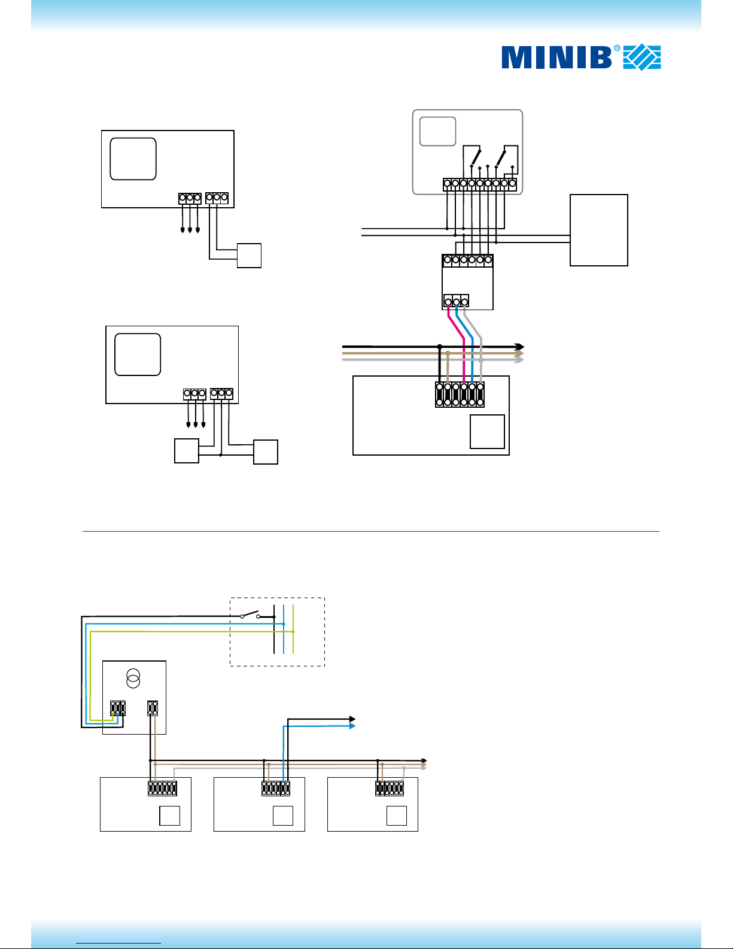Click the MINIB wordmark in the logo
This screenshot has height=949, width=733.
tap(556, 57)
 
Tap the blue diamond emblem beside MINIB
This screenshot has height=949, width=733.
tap(642, 57)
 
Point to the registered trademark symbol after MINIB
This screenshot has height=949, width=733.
tap(617, 48)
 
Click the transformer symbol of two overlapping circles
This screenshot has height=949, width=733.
tap(133, 678)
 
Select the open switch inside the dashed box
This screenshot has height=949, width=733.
tap(251, 615)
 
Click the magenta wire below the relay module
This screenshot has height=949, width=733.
tap(457, 345)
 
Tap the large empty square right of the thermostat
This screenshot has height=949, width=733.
tap(598, 230)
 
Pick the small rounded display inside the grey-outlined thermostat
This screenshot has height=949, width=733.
tap(437, 131)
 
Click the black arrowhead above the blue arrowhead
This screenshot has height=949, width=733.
tap(352, 719)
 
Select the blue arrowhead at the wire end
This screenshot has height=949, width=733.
tap(352, 726)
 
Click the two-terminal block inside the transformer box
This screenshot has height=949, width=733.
tap(152, 708)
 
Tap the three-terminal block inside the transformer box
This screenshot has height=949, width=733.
tap(118, 708)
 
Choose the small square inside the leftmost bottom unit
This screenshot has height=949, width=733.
tap(170, 815)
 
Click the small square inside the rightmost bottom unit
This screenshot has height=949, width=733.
tap(397, 815)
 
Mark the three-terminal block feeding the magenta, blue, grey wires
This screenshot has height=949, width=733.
tap(457, 301)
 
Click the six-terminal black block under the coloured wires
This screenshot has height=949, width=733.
tap(460, 395)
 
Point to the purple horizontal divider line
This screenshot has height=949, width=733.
tap(371, 531)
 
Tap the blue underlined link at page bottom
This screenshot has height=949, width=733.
tap(118, 943)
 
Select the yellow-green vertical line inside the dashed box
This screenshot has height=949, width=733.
tap(293, 629)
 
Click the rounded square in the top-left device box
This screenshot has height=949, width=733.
tap(133, 159)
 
